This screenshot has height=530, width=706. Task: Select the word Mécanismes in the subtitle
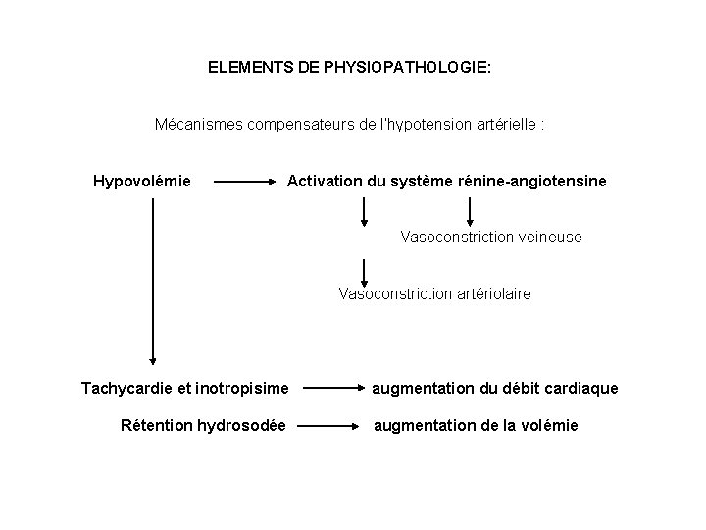(x=197, y=126)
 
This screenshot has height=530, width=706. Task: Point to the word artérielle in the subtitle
(x=498, y=126)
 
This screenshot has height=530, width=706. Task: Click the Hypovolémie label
(x=142, y=181)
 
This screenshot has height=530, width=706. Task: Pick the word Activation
(x=324, y=181)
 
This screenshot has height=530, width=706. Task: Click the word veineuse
(x=547, y=237)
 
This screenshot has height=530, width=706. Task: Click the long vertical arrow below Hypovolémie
(x=153, y=285)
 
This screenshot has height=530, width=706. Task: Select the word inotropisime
(x=245, y=389)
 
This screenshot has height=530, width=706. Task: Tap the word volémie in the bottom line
(x=548, y=425)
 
